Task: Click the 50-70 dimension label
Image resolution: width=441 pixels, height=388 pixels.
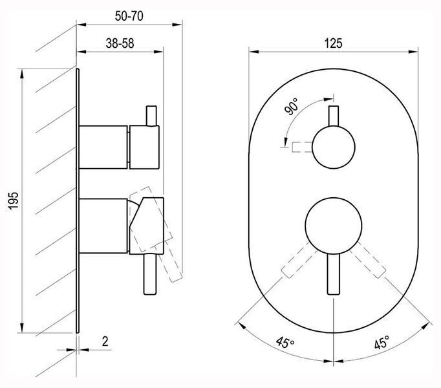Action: point(129,16)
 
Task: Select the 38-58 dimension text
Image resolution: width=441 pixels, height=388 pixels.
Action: point(120,43)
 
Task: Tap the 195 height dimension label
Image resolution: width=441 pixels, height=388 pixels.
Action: point(14,200)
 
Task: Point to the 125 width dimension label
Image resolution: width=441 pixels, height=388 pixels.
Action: point(333,43)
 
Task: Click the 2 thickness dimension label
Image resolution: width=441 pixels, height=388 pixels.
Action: point(105,341)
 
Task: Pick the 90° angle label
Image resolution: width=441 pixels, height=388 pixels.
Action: point(292,106)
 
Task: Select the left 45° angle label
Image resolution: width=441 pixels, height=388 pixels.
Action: point(285,343)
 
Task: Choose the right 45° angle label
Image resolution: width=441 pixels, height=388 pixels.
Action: point(382,342)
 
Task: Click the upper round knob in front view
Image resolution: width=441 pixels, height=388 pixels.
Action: point(334,147)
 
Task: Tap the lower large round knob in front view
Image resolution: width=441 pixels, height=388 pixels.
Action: point(334,226)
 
